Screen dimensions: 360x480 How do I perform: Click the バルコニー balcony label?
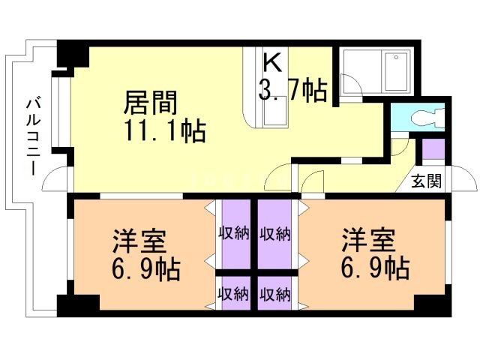point(32,136)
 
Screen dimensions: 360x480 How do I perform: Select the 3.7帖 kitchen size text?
point(292,91)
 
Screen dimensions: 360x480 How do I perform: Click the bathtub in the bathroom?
point(396,73)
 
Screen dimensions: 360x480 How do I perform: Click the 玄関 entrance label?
point(427,181)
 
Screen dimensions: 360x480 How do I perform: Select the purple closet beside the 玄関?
point(433,148)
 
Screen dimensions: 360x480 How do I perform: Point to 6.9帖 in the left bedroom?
point(148,268)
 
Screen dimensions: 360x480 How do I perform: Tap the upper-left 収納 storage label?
point(233,233)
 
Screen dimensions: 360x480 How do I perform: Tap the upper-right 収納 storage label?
point(275,233)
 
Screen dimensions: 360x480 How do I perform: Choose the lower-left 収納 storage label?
point(233,294)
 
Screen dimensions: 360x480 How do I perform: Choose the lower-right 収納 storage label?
point(275,294)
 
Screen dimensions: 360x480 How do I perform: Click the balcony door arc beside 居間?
point(57,181)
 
